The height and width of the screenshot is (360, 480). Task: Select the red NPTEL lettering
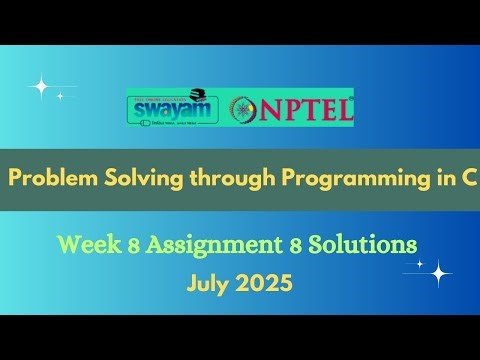pos(307,109)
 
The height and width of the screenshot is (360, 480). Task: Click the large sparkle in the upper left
pos(40,87)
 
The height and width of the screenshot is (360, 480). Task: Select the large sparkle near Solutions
pos(439,272)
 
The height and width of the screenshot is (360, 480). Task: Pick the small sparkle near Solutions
pos(419,264)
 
